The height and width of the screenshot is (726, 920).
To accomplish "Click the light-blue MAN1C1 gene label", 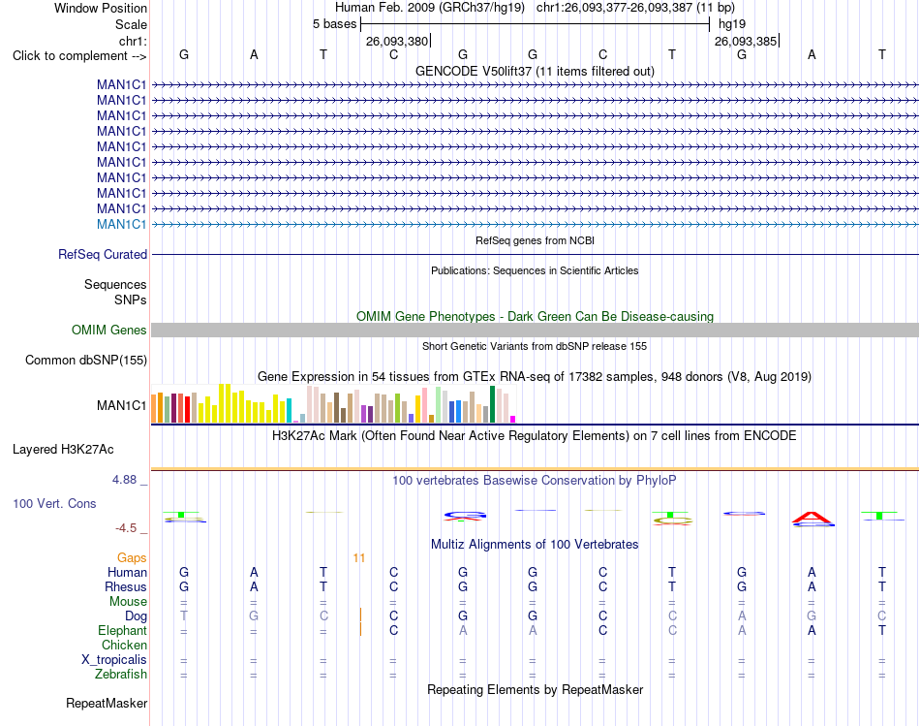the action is point(121,224).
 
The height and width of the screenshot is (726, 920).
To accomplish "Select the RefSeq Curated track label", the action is point(103,254).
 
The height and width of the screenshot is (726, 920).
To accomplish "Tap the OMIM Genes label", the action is point(109,331).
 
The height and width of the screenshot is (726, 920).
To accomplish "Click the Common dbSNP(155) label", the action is point(86,360).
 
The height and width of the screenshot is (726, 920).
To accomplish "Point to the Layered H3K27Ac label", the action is point(63,450).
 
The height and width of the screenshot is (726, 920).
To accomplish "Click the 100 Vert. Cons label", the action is point(54,503).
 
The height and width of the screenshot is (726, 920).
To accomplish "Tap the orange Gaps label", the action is point(132,557).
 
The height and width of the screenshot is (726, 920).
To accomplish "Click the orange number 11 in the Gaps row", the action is point(359,558).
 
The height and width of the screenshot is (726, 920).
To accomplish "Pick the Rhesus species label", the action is point(126,586).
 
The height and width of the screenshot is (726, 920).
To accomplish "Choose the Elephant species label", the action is point(123,630).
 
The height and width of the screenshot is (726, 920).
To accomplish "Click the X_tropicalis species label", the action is point(114,660).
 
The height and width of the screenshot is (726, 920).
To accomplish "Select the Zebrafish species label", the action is point(121,674).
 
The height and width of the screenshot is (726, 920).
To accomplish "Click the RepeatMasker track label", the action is point(107,703).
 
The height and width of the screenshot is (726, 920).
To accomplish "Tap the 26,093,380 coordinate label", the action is point(397,41).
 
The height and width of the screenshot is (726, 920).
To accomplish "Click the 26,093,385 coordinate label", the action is point(746,41).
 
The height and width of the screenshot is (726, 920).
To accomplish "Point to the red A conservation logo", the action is point(813,518).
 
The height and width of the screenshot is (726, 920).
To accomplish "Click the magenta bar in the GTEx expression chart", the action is point(513,420).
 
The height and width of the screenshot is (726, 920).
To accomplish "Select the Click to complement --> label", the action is point(79,56).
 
